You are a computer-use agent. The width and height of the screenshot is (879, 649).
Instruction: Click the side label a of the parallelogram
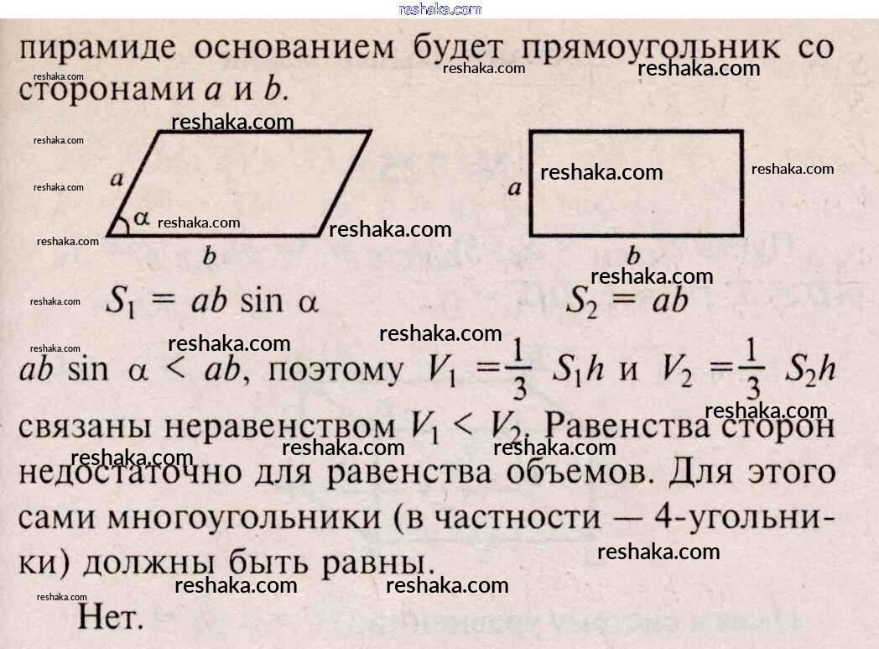tap(117, 178)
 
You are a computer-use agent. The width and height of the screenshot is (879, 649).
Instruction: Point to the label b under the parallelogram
tap(209, 256)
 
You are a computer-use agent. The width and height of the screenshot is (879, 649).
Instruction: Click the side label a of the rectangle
tap(514, 188)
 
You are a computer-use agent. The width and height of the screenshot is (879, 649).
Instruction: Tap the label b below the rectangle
tap(634, 255)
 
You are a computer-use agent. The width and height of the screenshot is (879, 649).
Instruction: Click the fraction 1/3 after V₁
tap(521, 371)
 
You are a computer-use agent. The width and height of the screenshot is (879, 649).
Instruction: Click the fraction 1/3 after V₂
tap(752, 371)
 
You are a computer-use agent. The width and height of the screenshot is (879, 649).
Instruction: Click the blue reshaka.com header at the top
tap(439, 9)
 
